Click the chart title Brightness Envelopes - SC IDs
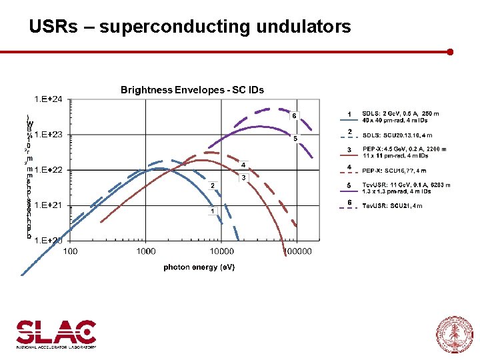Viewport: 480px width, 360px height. click(x=192, y=90)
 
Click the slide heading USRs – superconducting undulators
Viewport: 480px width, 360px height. click(x=189, y=27)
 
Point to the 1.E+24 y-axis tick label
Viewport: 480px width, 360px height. click(x=49, y=99)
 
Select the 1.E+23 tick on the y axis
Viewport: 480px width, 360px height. click(x=49, y=135)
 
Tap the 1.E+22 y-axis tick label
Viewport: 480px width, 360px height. click(x=49, y=170)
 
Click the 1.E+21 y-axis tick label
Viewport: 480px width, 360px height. click(x=49, y=205)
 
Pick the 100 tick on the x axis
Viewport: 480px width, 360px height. click(x=70, y=251)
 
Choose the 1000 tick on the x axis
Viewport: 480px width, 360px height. click(x=145, y=251)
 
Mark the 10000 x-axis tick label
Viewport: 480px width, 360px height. click(x=221, y=251)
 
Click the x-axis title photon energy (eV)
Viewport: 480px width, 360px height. click(x=199, y=267)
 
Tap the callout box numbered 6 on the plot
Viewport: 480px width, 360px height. click(x=294, y=115)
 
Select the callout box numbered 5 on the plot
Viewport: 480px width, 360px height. click(x=294, y=139)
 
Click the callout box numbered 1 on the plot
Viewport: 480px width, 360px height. click(x=212, y=211)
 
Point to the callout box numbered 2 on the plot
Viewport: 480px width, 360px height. click(x=212, y=185)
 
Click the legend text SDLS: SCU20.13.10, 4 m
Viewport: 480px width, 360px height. click(x=397, y=135)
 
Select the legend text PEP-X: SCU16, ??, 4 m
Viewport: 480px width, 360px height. click(x=394, y=171)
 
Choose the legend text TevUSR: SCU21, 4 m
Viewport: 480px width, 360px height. click(x=392, y=206)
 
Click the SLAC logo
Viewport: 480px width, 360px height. click(x=56, y=333)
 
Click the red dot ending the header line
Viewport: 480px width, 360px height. click(x=451, y=51)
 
